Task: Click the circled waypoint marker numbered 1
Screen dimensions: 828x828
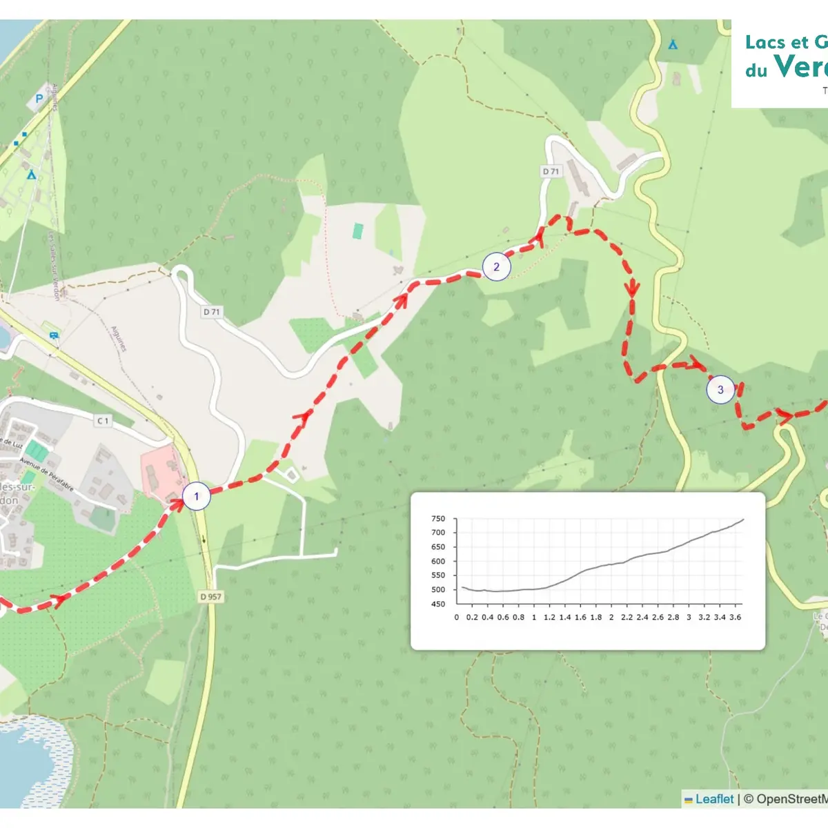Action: [x=196, y=496]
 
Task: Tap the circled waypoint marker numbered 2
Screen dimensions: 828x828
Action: [x=496, y=267]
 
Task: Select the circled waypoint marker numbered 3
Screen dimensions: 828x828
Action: [x=720, y=390]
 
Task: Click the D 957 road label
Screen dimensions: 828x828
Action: [x=211, y=596]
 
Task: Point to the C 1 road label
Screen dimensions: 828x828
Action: [x=103, y=420]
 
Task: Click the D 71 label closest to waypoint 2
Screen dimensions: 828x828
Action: [x=551, y=171]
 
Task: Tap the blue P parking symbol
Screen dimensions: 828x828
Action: [x=39, y=99]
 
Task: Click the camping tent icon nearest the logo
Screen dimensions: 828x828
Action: [x=673, y=45]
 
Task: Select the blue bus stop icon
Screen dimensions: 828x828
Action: [x=54, y=335]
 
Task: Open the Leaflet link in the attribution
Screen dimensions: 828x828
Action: [x=713, y=799]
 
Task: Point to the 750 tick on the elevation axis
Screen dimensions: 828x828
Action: [x=438, y=519]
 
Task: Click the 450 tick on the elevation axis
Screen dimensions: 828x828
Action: [x=438, y=604]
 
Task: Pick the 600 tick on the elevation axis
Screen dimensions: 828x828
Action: [x=438, y=562]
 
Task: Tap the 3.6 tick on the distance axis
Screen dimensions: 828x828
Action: [x=736, y=618]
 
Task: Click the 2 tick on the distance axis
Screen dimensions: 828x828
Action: [x=611, y=618]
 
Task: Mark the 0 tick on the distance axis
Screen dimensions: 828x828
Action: [x=457, y=618]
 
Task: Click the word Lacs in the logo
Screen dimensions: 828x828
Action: [x=765, y=43]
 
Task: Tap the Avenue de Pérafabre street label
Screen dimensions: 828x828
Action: [x=46, y=473]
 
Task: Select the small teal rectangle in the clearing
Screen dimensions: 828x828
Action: [x=357, y=231]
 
